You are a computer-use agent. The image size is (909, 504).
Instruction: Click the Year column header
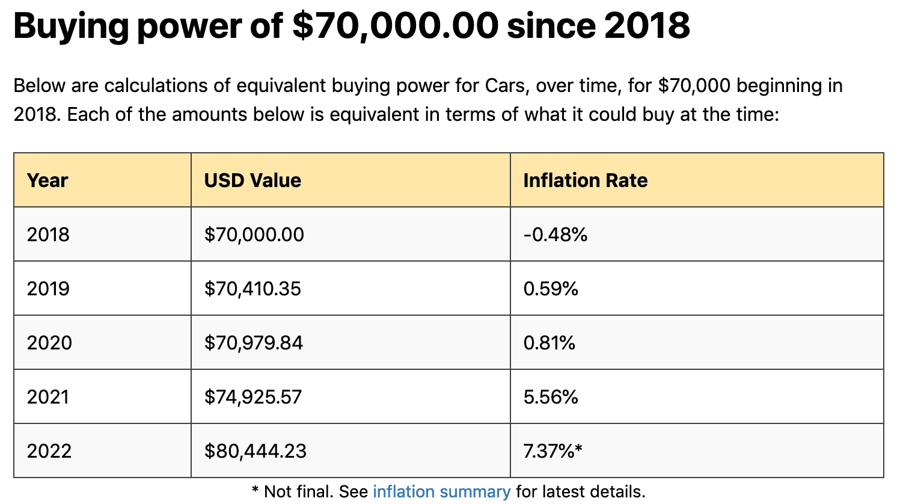(x=47, y=180)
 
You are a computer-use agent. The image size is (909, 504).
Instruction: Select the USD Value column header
(x=252, y=180)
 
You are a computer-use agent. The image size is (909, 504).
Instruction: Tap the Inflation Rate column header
(x=585, y=180)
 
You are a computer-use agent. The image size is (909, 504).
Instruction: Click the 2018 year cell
(x=48, y=235)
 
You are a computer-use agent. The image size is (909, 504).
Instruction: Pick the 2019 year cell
(x=48, y=289)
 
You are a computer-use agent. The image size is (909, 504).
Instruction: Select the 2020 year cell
(x=49, y=343)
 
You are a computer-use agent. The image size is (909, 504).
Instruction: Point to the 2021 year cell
(x=48, y=397)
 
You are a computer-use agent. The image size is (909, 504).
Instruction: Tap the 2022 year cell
(x=49, y=451)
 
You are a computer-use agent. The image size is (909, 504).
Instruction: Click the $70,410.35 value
(x=252, y=289)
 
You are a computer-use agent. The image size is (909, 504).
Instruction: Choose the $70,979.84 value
(x=253, y=343)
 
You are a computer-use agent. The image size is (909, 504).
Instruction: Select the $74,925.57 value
(x=253, y=397)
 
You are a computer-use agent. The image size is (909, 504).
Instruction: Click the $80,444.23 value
(x=256, y=451)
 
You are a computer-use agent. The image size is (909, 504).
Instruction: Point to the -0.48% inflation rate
(x=555, y=235)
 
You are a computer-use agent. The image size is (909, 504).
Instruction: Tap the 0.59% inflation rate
(x=551, y=289)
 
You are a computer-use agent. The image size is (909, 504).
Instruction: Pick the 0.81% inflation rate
(x=549, y=343)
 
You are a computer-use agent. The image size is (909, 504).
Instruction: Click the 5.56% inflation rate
(x=551, y=397)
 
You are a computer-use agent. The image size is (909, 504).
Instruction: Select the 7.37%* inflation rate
(x=552, y=451)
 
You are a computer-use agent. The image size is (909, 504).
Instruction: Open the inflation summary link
(x=441, y=492)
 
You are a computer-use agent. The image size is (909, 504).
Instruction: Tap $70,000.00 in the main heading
(x=395, y=25)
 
